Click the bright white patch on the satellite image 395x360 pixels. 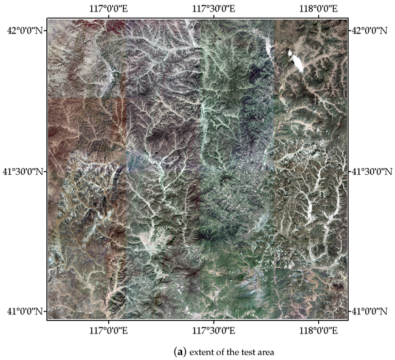click(x=295, y=61)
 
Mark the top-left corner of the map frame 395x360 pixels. click(x=48, y=20)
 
